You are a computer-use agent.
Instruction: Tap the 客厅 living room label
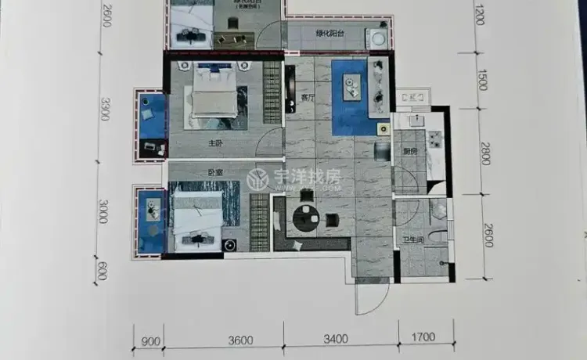tap(307, 99)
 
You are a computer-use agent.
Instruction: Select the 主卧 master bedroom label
tap(216, 144)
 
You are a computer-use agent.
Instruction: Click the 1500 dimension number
tap(482, 81)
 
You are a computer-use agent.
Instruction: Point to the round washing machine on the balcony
tap(378, 37)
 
